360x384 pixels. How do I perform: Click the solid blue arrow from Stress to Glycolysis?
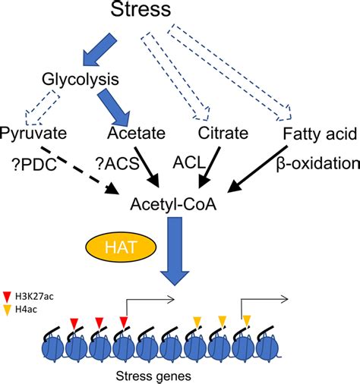(99, 49)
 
